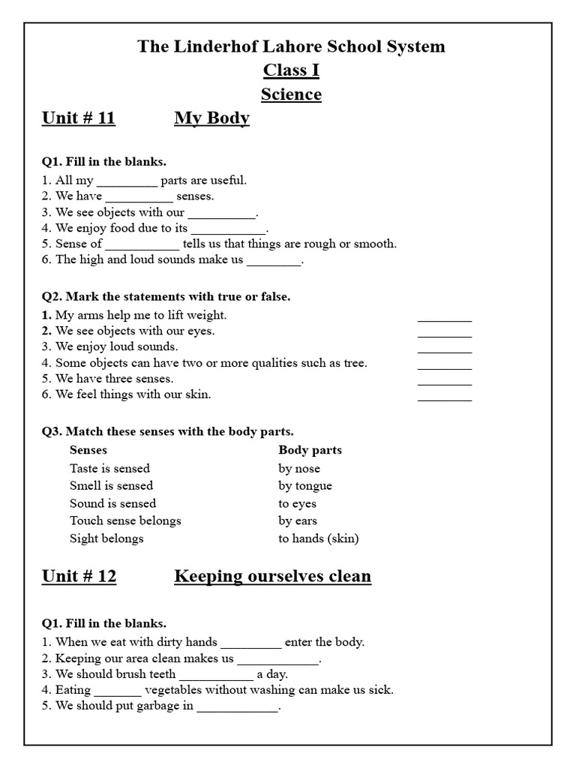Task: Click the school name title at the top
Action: tap(291, 46)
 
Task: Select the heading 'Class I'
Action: tap(291, 70)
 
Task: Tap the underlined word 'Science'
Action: tap(291, 94)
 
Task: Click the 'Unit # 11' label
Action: tap(79, 118)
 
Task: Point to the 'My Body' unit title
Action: tap(211, 118)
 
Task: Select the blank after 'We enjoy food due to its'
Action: tap(229, 229)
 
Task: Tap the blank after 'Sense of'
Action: tap(142, 245)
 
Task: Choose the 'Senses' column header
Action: tap(88, 450)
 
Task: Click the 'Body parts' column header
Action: tap(310, 450)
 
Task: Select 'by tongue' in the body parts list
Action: tap(305, 486)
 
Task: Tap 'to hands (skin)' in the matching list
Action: tap(319, 538)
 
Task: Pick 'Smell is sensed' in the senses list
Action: tap(111, 486)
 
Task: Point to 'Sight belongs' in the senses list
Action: tap(106, 538)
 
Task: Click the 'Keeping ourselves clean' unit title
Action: tap(272, 576)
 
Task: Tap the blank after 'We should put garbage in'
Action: tap(237, 707)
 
